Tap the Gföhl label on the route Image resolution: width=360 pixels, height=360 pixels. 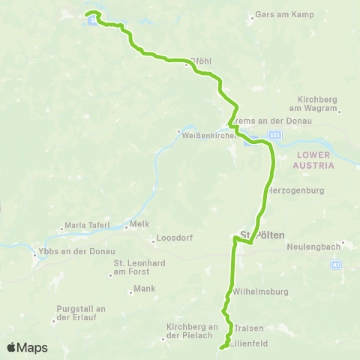click(x=201, y=61)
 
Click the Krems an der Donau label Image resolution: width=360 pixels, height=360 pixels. click(x=259, y=121)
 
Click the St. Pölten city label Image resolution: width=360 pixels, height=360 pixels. click(x=261, y=235)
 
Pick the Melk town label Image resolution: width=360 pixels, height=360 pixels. click(x=140, y=223)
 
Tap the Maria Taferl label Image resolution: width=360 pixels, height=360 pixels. click(x=87, y=224)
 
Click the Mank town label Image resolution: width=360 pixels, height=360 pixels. click(x=145, y=288)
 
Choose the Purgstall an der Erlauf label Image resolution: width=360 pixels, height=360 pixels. click(x=82, y=313)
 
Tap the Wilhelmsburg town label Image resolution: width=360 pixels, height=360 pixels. click(x=256, y=291)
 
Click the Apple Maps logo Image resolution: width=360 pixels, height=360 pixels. click(x=27, y=347)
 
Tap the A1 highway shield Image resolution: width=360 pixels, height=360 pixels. click(x=335, y=265)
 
